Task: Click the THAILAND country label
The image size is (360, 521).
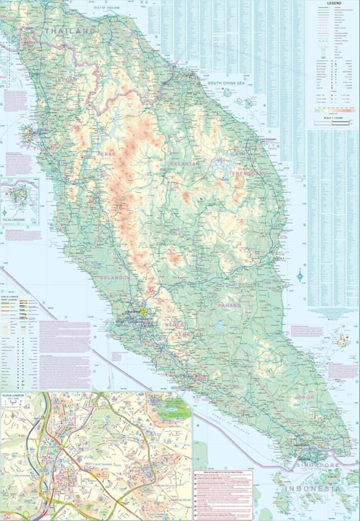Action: (x=70, y=32)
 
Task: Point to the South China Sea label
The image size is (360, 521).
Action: (x=227, y=83)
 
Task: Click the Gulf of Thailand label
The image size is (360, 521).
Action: (x=109, y=7)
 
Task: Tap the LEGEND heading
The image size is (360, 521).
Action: (x=333, y=4)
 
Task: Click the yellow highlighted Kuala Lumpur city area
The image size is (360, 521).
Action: (x=143, y=312)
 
